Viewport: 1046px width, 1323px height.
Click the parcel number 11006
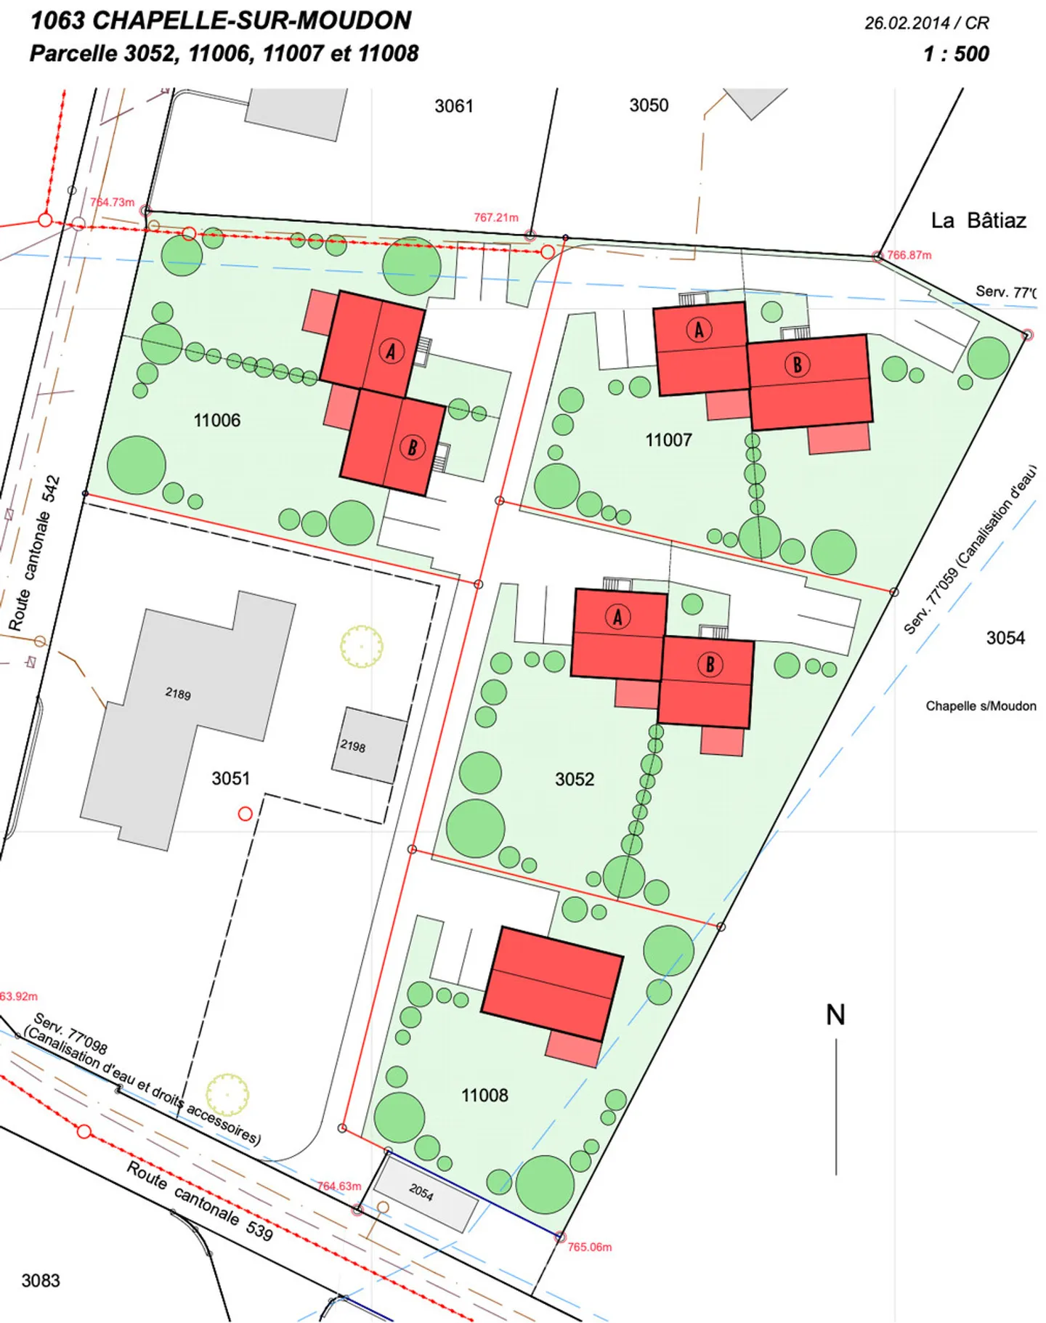click(x=216, y=420)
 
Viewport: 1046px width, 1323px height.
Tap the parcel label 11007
click(x=668, y=440)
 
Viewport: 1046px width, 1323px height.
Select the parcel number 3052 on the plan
click(x=575, y=779)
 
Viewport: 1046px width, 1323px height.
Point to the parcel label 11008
click(x=485, y=1095)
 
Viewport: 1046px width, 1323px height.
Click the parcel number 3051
click(x=230, y=778)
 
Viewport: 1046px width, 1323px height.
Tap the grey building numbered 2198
click(x=369, y=745)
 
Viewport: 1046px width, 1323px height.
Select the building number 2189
click(x=178, y=693)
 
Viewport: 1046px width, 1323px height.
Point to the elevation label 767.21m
click(x=496, y=217)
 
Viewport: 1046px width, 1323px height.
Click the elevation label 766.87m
click(x=909, y=255)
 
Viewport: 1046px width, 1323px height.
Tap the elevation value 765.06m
click(x=589, y=1247)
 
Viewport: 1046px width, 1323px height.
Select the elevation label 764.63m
click(x=338, y=1186)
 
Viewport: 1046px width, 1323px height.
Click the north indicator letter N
click(x=835, y=1015)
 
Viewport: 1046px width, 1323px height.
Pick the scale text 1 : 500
click(x=956, y=54)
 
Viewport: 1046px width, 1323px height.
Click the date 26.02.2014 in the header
click(x=907, y=23)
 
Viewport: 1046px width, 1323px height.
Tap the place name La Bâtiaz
click(x=978, y=220)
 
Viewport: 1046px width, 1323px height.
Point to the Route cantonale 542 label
click(x=34, y=553)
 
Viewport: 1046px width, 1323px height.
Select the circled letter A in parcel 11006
click(x=392, y=352)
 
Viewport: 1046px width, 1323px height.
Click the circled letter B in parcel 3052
click(x=710, y=664)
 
